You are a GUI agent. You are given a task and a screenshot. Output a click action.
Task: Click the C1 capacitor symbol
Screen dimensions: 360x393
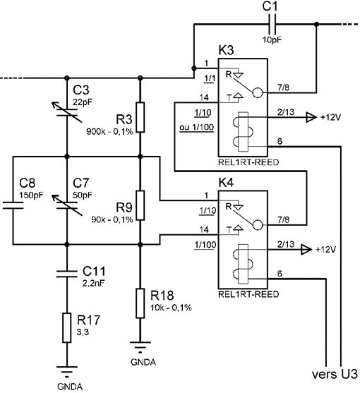coord(272,24)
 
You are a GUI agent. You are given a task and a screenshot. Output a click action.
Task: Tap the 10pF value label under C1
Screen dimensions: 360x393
coord(272,40)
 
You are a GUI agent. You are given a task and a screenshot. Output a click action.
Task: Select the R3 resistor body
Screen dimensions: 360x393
coord(140,117)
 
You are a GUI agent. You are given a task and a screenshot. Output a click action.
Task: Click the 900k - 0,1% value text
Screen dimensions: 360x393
coord(109,131)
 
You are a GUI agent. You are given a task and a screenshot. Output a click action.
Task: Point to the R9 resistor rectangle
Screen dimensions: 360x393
coord(140,205)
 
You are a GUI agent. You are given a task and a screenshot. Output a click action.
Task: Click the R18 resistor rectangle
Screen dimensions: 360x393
coord(140,303)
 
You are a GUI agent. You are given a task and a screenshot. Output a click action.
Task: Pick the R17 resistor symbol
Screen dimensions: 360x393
coord(67,327)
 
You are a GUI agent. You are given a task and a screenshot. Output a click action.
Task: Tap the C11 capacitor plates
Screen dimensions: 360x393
coord(67,274)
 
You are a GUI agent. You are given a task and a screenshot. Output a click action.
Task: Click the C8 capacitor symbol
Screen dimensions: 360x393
coord(13,205)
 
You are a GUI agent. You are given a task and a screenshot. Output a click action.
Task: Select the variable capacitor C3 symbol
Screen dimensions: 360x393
coord(67,112)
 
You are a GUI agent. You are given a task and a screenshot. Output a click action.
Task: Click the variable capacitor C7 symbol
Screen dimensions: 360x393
coord(67,205)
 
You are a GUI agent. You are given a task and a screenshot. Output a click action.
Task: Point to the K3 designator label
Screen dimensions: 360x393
coord(226,50)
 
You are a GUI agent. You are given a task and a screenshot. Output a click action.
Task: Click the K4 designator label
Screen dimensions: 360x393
coord(226,183)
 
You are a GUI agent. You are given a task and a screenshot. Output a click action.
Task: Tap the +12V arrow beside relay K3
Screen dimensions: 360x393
coord(311,117)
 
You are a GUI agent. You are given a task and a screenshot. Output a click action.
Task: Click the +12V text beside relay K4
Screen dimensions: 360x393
coord(325,250)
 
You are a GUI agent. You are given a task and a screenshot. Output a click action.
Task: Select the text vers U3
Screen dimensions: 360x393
coord(335,374)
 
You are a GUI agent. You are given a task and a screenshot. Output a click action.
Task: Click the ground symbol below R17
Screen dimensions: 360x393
coord(67,372)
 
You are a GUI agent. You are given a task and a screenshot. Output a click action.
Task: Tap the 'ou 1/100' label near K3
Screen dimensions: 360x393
coord(197,127)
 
